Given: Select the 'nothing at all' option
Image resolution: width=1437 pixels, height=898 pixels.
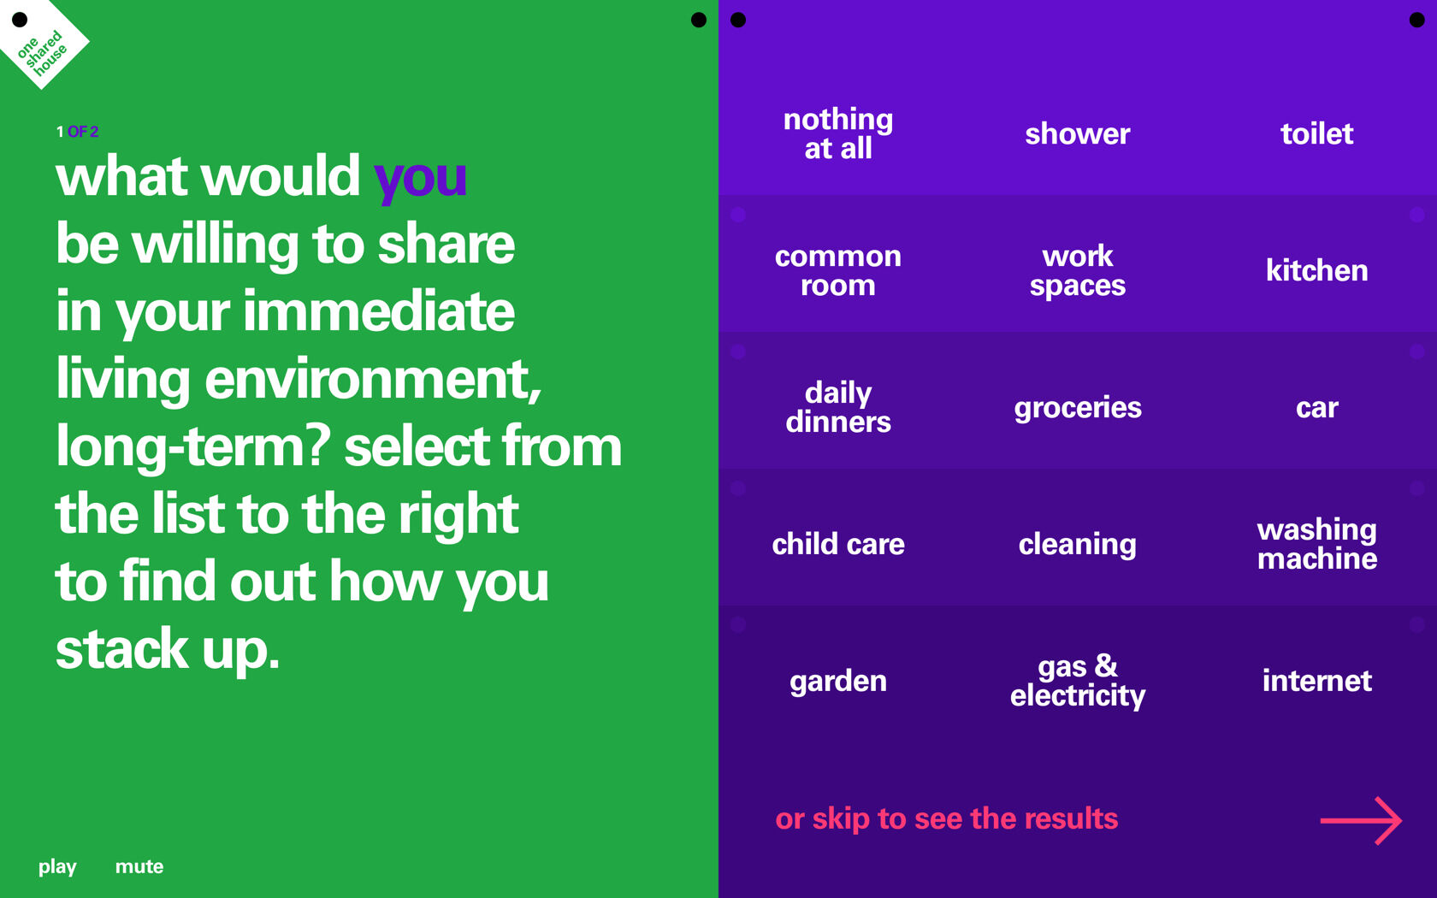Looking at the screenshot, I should [x=838, y=133].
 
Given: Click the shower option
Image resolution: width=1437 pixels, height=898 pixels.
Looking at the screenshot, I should [x=1078, y=133].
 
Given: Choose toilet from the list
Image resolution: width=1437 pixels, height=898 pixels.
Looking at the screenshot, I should [x=1316, y=133].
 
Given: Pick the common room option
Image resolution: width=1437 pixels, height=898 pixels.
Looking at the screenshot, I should [x=838, y=270].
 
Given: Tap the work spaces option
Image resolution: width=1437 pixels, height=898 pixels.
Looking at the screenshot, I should [x=1078, y=270].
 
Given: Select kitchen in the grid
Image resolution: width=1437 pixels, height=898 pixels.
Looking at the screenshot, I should [x=1316, y=270].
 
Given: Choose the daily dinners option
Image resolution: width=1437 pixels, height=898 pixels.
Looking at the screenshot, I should [x=838, y=407].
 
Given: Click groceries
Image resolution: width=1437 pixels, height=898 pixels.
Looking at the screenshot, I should [x=1078, y=407].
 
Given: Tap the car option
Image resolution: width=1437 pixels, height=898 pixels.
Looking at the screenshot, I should [x=1316, y=407].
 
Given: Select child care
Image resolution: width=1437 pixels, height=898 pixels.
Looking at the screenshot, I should [x=838, y=544].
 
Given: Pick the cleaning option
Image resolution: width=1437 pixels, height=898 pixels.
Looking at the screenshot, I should [x=1078, y=544].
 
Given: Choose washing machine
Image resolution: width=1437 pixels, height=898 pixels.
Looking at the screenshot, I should [x=1316, y=544].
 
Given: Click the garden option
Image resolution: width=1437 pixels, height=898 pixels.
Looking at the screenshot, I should [x=838, y=681].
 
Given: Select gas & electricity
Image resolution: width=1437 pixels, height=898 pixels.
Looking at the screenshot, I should [x=1078, y=681].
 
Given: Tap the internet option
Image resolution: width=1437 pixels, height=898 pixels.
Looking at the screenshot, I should [x=1316, y=681].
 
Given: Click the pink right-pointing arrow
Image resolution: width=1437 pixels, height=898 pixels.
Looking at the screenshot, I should [x=1361, y=820].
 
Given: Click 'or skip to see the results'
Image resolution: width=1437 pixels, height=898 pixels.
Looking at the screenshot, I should [x=946, y=818].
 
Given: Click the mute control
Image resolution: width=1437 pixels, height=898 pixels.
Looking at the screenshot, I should [x=139, y=866].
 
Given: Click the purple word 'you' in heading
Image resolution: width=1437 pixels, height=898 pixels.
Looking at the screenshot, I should [x=420, y=178].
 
